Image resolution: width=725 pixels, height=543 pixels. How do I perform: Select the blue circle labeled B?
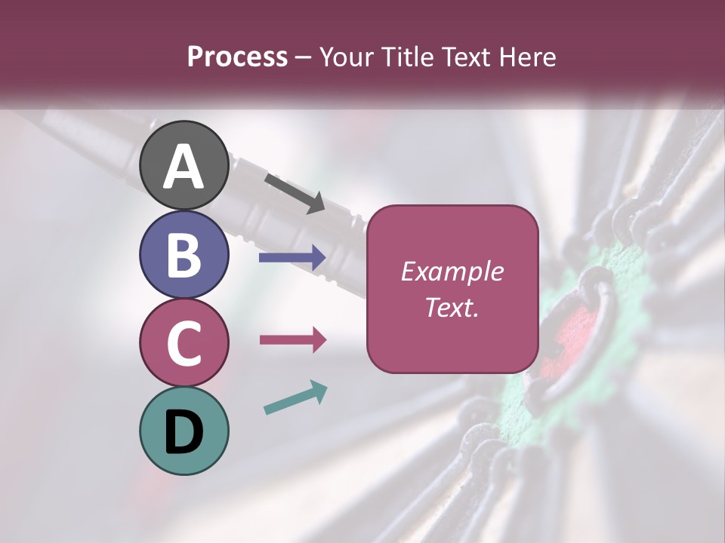(x=184, y=254)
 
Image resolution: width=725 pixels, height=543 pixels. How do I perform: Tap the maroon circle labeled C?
(x=184, y=342)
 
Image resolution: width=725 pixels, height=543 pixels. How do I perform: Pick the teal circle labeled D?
(x=184, y=431)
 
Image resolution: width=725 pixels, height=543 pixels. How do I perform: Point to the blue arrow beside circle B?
(x=292, y=258)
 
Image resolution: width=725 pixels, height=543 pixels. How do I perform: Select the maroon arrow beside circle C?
(x=292, y=339)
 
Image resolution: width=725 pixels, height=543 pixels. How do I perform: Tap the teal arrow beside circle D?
(x=295, y=398)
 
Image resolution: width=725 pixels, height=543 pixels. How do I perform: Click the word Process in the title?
(x=237, y=57)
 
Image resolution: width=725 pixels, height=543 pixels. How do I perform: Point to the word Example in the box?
(x=452, y=271)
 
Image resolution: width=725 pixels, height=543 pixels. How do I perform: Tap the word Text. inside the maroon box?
(x=452, y=307)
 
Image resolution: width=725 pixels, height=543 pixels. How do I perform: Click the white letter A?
(x=184, y=167)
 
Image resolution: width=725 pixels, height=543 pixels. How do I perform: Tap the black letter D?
(x=184, y=432)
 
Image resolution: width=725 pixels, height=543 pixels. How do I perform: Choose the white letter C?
(x=184, y=344)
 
